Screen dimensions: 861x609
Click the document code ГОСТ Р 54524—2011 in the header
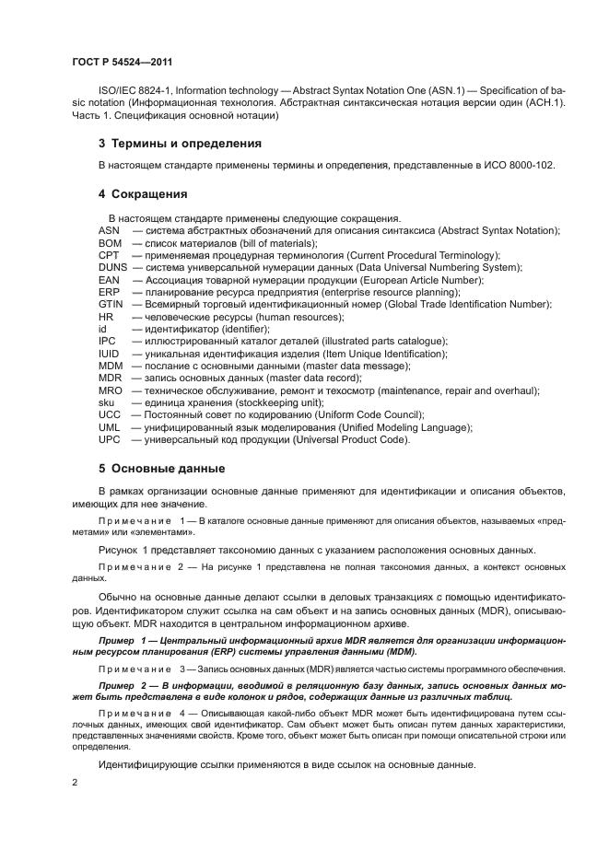coord(121,63)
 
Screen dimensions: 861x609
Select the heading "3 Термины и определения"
coord(180,144)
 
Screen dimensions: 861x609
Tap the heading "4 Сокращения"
coord(143,194)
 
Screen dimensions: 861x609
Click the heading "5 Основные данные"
coord(161,467)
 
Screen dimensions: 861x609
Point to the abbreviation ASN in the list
coord(109,230)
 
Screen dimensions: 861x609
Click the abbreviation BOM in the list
coord(110,242)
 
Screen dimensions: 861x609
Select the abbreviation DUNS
coord(113,267)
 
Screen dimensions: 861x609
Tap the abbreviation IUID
coord(109,354)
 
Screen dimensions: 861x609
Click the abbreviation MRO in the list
coord(110,390)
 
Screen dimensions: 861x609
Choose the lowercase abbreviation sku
coord(106,402)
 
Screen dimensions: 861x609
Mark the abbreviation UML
coord(109,427)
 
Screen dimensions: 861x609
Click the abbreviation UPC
coord(109,439)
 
